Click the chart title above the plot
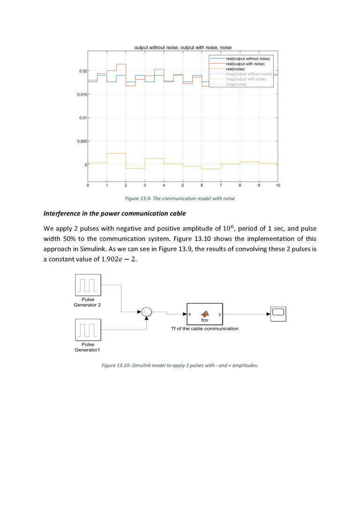(x=183, y=47)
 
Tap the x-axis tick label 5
(x=183, y=186)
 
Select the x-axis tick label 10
(x=278, y=186)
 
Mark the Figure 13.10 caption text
(x=180, y=365)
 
